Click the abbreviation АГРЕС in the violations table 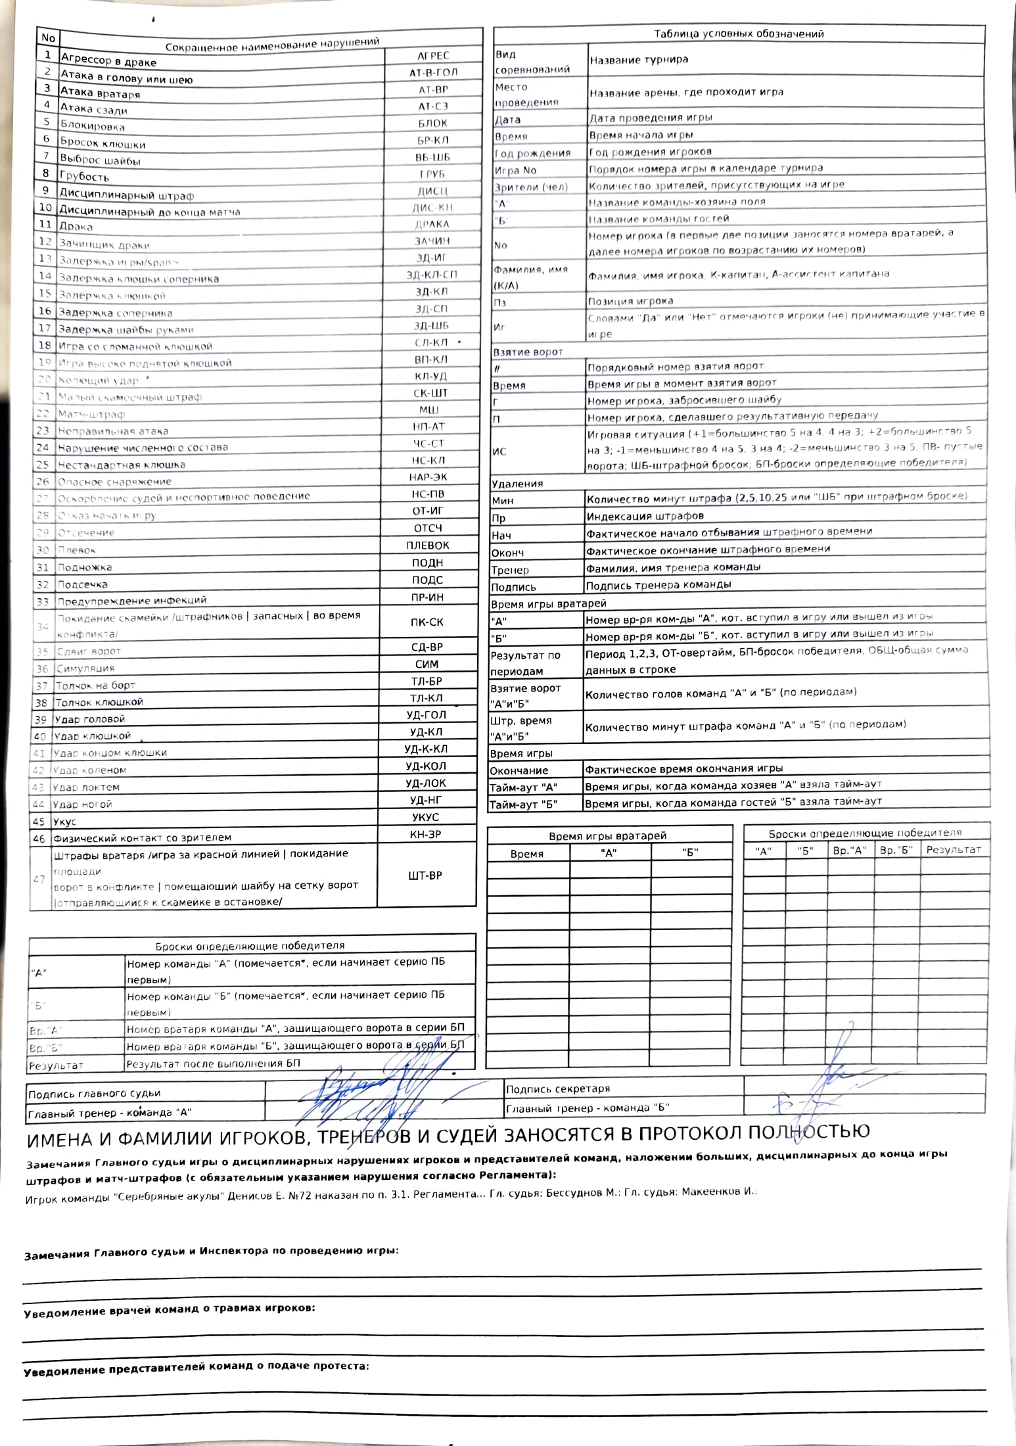pos(433,56)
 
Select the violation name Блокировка pos(92,126)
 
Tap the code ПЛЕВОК pos(427,546)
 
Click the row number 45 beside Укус pos(39,822)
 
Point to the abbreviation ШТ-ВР pos(425,875)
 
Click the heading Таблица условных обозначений pos(739,34)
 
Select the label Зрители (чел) pos(530,187)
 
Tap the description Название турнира pos(639,60)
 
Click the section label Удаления pos(517,484)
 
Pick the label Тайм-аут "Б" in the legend pos(523,804)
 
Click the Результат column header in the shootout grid pos(953,850)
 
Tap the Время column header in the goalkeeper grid pos(526,854)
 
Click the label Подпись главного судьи pos(94,1094)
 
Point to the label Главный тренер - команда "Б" pos(587,1108)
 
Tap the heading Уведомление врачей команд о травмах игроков pos(170,1308)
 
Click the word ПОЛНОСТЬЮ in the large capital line pos(809,1131)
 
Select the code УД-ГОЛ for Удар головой pos(427,715)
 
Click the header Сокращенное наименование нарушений pos(272,44)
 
